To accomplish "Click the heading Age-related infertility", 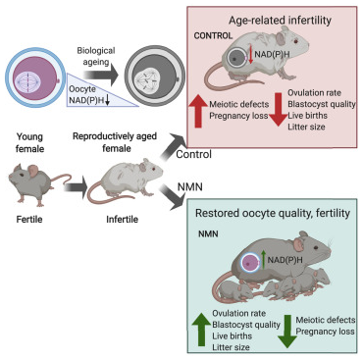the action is pyautogui.click(x=280, y=21).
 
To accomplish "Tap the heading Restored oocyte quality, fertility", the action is pyautogui.click(x=273, y=214).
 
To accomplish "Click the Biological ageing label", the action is pyautogui.click(x=96, y=56).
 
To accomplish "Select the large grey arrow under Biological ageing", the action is pyautogui.click(x=100, y=76).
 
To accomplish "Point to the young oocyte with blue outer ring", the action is pyautogui.click(x=34, y=78).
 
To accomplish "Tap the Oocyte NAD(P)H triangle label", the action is pyautogui.click(x=87, y=95).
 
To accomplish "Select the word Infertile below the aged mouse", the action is pyautogui.click(x=122, y=219).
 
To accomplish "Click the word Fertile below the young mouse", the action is pyautogui.click(x=29, y=219).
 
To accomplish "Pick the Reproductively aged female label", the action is pyautogui.click(x=115, y=142).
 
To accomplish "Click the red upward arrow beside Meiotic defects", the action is pyautogui.click(x=198, y=110).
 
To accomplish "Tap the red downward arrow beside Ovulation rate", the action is pyautogui.click(x=279, y=110).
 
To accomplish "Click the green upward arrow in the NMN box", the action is pyautogui.click(x=201, y=329).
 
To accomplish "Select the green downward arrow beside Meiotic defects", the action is pyautogui.click(x=287, y=332).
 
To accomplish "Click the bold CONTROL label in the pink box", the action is pyautogui.click(x=213, y=35).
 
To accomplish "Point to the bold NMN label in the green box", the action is pyautogui.click(x=208, y=234).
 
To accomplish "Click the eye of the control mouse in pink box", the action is pyautogui.click(x=295, y=41).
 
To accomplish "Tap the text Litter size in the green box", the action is pyautogui.click(x=231, y=347).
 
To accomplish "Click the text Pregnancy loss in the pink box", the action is pyautogui.click(x=238, y=116).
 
